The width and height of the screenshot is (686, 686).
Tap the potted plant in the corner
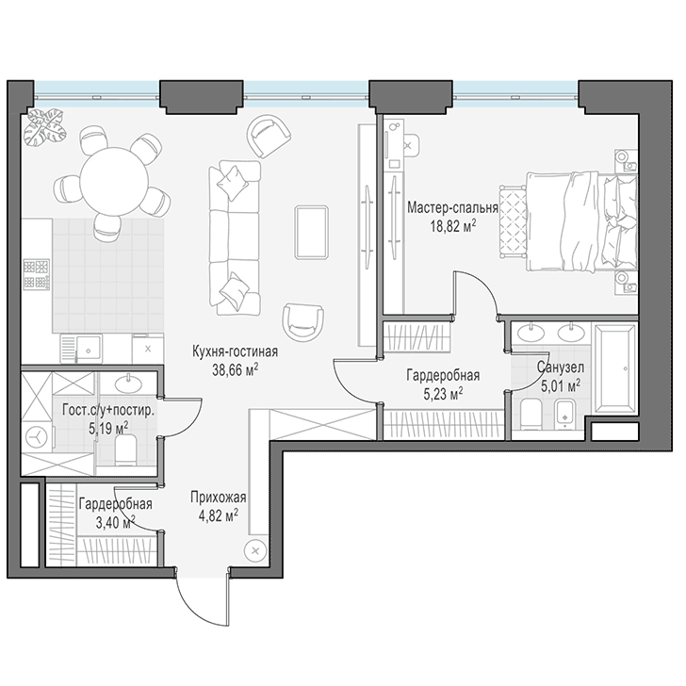pyautogui.click(x=45, y=127)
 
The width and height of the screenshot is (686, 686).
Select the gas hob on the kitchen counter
pyautogui.click(x=37, y=275)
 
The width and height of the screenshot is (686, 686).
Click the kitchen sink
pyautogui.click(x=88, y=350)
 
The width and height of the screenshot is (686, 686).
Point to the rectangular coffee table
pyautogui.click(x=312, y=233)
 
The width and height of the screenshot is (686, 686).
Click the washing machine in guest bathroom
pyautogui.click(x=38, y=437)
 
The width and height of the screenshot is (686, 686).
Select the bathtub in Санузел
pyautogui.click(x=613, y=367)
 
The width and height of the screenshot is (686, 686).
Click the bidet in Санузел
pyautogui.click(x=566, y=414)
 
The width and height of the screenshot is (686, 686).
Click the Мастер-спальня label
pyautogui.click(x=453, y=207)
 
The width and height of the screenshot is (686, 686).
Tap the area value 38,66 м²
pyautogui.click(x=235, y=370)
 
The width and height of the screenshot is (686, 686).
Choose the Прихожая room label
pyautogui.click(x=219, y=498)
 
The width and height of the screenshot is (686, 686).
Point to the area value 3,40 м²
pyautogui.click(x=115, y=522)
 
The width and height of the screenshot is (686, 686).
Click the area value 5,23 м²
pyautogui.click(x=443, y=394)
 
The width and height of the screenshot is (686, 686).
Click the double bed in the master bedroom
pyautogui.click(x=582, y=221)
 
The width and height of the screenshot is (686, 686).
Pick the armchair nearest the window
pyautogui.click(x=269, y=136)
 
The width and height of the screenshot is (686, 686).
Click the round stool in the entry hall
pyautogui.click(x=256, y=551)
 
